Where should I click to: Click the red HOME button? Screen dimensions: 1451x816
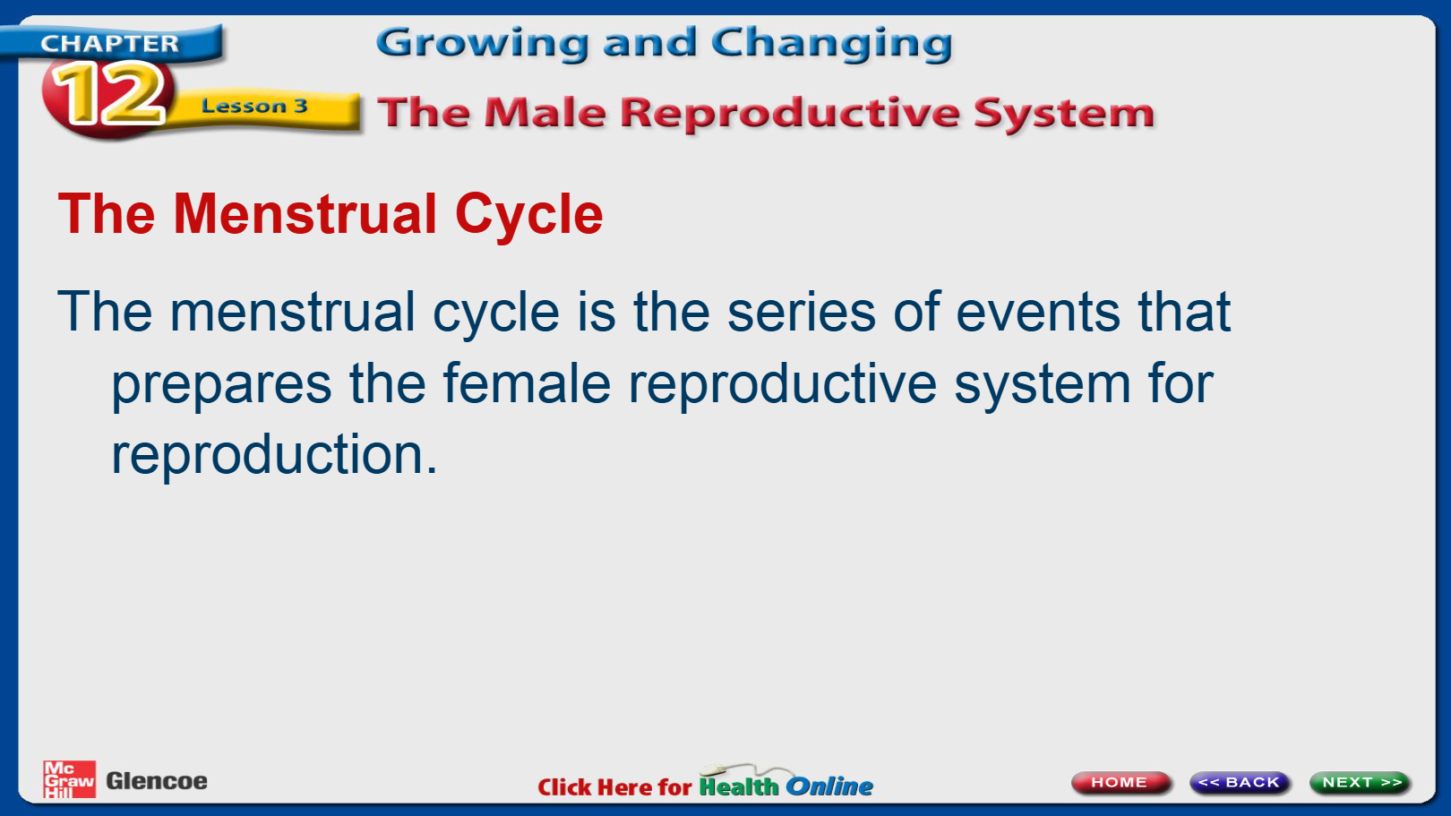click(1121, 782)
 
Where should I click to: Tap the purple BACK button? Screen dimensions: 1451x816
click(1240, 782)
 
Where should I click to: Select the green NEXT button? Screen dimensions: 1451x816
click(1360, 782)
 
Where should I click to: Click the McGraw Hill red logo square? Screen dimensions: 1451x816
click(69, 779)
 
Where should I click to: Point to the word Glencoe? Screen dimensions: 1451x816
click(157, 781)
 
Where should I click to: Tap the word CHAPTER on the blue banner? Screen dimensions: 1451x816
click(109, 43)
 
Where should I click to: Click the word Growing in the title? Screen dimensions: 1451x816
click(483, 44)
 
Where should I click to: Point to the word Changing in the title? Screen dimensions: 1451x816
click(832, 44)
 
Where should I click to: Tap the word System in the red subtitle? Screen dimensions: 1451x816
click(1064, 114)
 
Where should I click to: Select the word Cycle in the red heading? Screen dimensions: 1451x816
click(529, 216)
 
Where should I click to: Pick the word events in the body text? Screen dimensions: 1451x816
click(1038, 312)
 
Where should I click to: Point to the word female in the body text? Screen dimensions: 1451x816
click(527, 382)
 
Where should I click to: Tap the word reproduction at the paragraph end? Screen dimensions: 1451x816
click(274, 456)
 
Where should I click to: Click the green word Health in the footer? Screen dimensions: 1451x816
click(739, 786)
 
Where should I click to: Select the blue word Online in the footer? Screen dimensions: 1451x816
click(829, 786)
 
